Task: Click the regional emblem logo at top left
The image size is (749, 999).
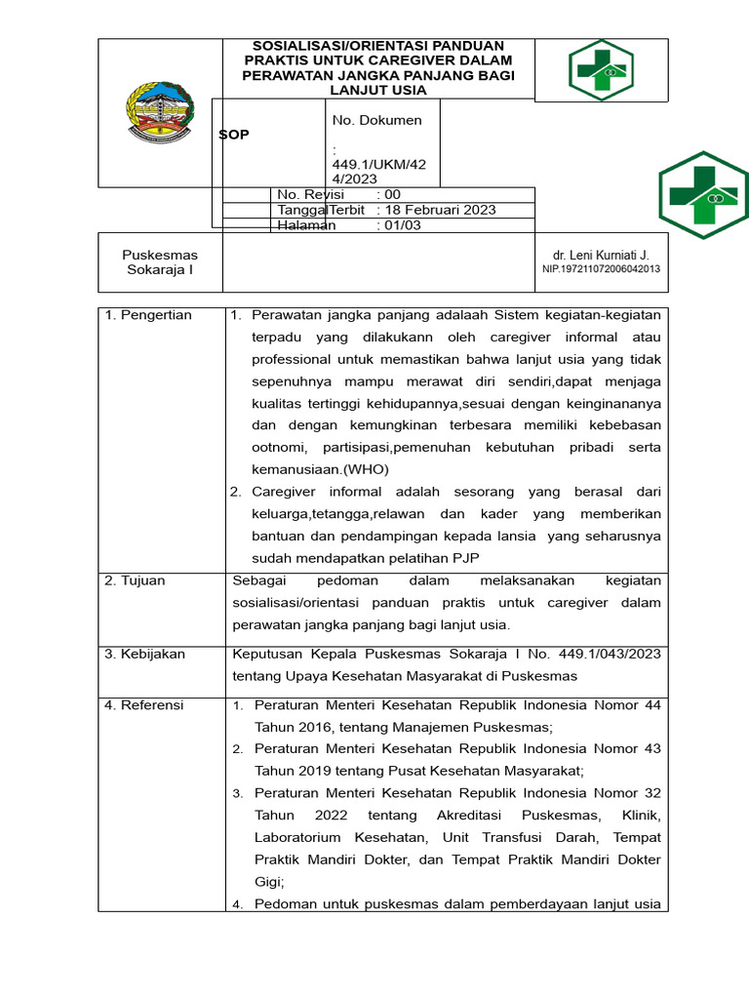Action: point(161,113)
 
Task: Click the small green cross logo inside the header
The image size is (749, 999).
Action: point(600,70)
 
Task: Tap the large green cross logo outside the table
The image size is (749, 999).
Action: point(703,194)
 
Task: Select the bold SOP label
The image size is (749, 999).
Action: point(234,135)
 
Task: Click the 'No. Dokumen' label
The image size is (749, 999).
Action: point(377,120)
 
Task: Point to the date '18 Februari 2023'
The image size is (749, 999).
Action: point(443,210)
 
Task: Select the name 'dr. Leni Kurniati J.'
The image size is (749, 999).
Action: point(601,255)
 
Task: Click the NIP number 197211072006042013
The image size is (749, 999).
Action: point(601,269)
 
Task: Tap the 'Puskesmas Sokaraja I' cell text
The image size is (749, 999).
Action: point(160,262)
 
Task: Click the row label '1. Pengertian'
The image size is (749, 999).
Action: point(148,315)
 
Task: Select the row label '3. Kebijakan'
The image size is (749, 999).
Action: point(144,654)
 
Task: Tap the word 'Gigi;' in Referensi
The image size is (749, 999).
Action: point(269,881)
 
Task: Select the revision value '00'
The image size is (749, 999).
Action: point(393,194)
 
